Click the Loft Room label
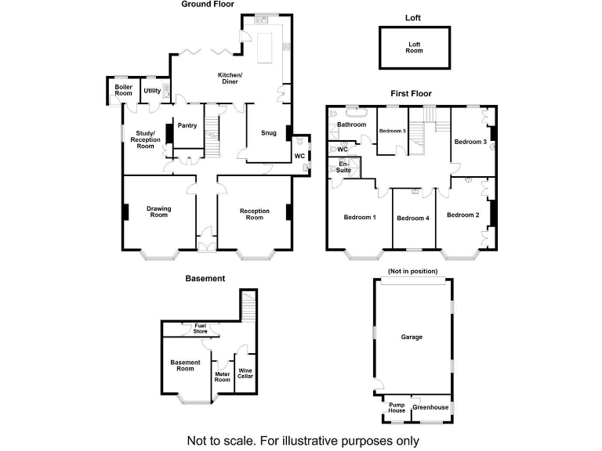414,47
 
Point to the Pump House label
397,407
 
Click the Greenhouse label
430,407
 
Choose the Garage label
412,337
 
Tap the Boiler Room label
124,90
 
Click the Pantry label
187,125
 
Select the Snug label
269,133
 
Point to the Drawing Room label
159,211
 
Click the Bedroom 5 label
392,131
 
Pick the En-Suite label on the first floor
343,166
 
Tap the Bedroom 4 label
413,218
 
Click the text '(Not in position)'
412,271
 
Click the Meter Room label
222,377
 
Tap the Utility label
152,91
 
